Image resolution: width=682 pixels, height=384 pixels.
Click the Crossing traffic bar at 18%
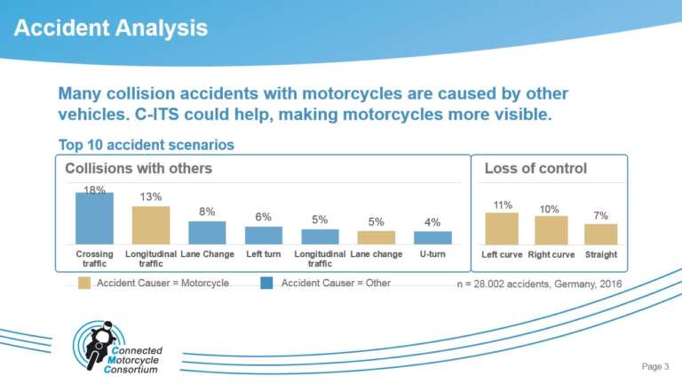pos(94,218)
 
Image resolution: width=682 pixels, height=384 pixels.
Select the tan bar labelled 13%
pos(151,225)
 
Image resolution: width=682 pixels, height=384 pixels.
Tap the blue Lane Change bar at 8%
pos(207,233)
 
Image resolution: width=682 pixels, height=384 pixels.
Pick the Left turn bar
pos(264,236)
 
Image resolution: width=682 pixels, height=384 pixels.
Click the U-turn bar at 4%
pos(432,237)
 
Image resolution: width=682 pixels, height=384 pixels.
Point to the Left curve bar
pos(502,228)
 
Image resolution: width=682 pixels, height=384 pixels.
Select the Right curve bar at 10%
pos(551,230)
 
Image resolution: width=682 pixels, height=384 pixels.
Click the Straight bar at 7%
pos(600,234)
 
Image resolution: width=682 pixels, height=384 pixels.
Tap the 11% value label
pos(503,205)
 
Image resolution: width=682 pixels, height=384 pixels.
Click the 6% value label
pos(264,217)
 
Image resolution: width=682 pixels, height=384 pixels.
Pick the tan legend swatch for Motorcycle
pos(83,284)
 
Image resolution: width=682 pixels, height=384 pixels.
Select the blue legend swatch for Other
pos(266,284)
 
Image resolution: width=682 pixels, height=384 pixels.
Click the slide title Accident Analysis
pos(111,28)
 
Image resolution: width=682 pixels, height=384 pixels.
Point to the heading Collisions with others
pos(139,168)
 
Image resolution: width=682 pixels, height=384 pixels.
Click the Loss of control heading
pos(535,168)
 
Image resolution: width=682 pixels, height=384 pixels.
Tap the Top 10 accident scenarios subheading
pos(146,144)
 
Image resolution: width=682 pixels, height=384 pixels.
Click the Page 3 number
pos(654,366)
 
